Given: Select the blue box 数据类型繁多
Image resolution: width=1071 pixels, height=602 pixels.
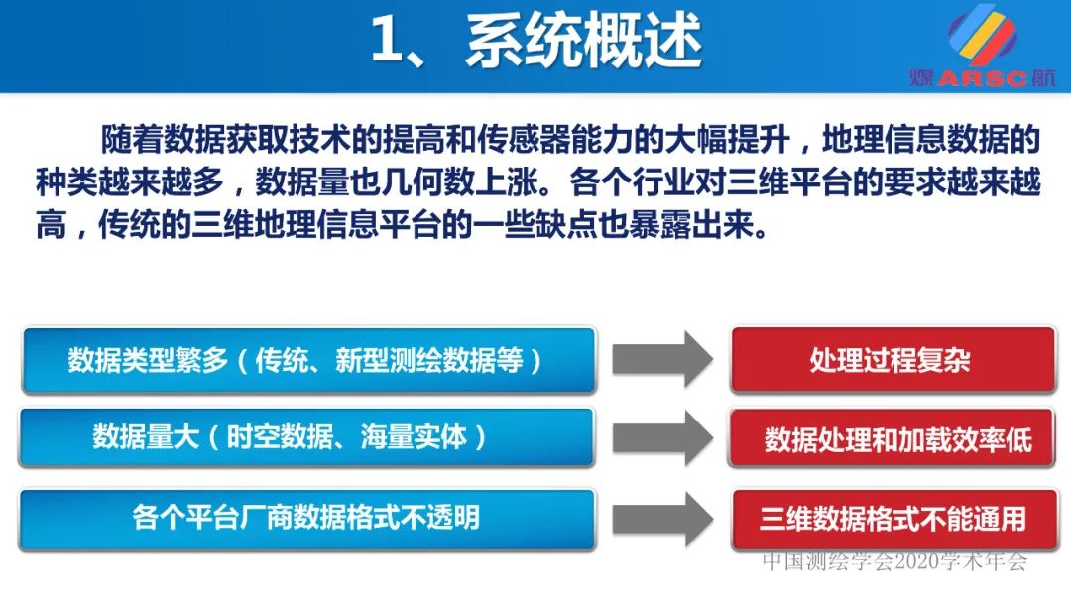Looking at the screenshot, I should tap(306, 360).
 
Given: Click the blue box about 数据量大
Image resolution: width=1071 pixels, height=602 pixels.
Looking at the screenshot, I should tap(306, 437).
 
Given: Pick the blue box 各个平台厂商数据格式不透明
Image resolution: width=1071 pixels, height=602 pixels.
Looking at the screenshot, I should tap(306, 517).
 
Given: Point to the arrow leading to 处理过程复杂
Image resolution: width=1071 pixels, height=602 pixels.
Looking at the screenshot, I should tap(661, 359).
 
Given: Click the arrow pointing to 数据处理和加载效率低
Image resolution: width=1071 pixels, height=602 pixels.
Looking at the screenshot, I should tap(661, 438).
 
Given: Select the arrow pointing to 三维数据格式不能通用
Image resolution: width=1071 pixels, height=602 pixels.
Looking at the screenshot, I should tap(661, 518).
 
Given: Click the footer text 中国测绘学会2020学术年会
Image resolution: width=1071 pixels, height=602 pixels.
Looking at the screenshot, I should tap(894, 562).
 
